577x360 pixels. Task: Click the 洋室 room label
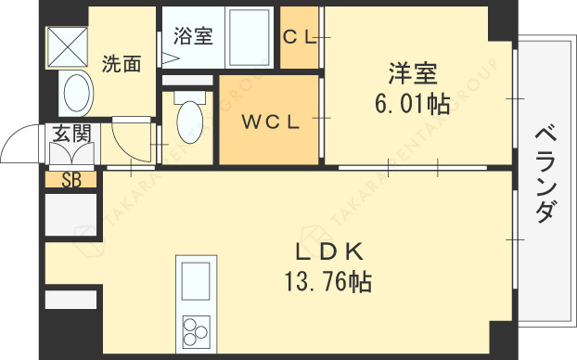[413, 73]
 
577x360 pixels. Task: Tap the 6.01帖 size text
[413, 104]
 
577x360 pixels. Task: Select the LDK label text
[329, 252]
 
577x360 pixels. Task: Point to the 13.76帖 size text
[327, 282]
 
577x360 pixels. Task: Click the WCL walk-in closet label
[271, 122]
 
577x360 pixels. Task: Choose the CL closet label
[300, 37]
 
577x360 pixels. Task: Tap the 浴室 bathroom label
[193, 35]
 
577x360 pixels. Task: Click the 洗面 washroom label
[122, 64]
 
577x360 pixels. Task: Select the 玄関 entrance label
[71, 134]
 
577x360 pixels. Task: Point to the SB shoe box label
[71, 180]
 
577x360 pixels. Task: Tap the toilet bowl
[189, 122]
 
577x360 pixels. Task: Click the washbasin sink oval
[77, 93]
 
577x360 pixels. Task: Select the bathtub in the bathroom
[250, 37]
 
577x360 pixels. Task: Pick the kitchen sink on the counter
[196, 281]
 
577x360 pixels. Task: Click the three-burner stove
[196, 331]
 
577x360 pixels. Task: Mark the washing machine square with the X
[68, 46]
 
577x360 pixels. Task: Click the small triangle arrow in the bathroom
[170, 58]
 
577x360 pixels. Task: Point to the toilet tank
[189, 97]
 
